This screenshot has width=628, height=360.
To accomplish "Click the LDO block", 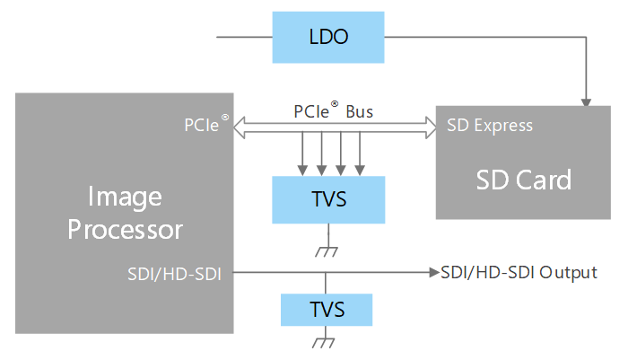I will point(327,38).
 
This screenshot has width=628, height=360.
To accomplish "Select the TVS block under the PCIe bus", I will point(327,199).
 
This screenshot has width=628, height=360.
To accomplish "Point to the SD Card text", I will point(523,180).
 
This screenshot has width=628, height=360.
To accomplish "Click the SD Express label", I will point(490,126).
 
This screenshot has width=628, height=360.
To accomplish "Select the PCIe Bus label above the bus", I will point(334,112).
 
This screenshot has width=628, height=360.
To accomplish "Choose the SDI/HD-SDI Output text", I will point(519,272).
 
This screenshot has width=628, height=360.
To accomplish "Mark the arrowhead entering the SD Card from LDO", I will point(585,101).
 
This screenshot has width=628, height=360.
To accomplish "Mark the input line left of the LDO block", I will point(243,38).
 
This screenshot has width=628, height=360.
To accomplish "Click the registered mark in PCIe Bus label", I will point(335,103).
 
